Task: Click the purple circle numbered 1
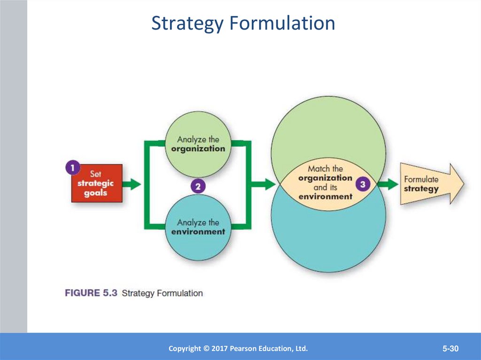pos(73,168)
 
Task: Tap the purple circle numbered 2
pos(198,186)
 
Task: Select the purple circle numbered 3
pos(363,184)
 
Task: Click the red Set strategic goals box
pos(97,184)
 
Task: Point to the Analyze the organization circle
pos(198,145)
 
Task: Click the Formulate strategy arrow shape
pos(432,184)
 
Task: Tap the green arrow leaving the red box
pos(132,184)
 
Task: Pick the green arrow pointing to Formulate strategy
pos(388,184)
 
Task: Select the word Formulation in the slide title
pos(282,23)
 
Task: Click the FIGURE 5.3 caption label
pos(91,293)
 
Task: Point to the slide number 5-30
pos(450,348)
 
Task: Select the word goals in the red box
pos(95,193)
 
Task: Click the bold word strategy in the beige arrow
pos(421,189)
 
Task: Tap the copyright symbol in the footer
pos(206,348)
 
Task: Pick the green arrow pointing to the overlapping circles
pos(264,184)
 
